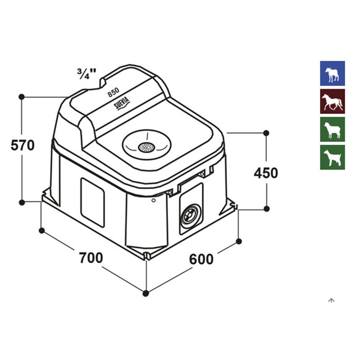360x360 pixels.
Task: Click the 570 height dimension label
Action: pyautogui.click(x=22, y=145)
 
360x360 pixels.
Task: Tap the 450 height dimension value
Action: pyautogui.click(x=266, y=173)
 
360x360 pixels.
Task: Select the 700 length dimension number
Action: pyautogui.click(x=91, y=258)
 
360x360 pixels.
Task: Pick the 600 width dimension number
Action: pyautogui.click(x=201, y=260)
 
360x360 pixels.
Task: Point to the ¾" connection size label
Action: pyautogui.click(x=86, y=73)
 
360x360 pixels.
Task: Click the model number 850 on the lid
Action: pyautogui.click(x=113, y=92)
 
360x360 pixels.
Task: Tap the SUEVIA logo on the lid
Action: pyautogui.click(x=122, y=103)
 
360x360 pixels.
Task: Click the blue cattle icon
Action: pyautogui.click(x=333, y=73)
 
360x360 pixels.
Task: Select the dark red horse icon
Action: pyautogui.click(x=333, y=101)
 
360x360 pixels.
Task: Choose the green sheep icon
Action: pyautogui.click(x=333, y=129)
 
